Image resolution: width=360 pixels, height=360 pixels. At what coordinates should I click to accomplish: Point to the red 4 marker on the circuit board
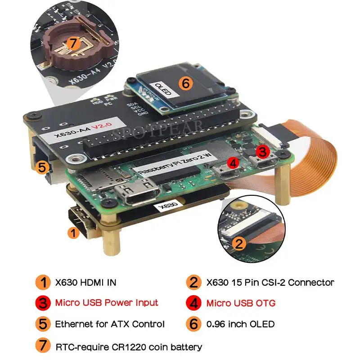(x=232, y=163)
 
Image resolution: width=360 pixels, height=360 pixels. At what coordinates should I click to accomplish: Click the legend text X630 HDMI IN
(x=85, y=283)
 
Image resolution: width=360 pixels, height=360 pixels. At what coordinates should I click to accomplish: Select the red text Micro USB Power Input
(x=106, y=302)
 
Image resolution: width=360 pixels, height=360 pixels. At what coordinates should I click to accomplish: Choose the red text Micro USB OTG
(x=241, y=302)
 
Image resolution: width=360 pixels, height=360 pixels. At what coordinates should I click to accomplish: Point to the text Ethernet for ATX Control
(x=110, y=324)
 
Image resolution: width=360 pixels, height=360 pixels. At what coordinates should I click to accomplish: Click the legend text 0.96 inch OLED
(x=240, y=324)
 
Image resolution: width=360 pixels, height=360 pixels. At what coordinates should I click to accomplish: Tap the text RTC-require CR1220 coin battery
(x=129, y=346)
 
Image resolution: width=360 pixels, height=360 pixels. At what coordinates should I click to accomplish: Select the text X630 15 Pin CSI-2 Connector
(x=270, y=283)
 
